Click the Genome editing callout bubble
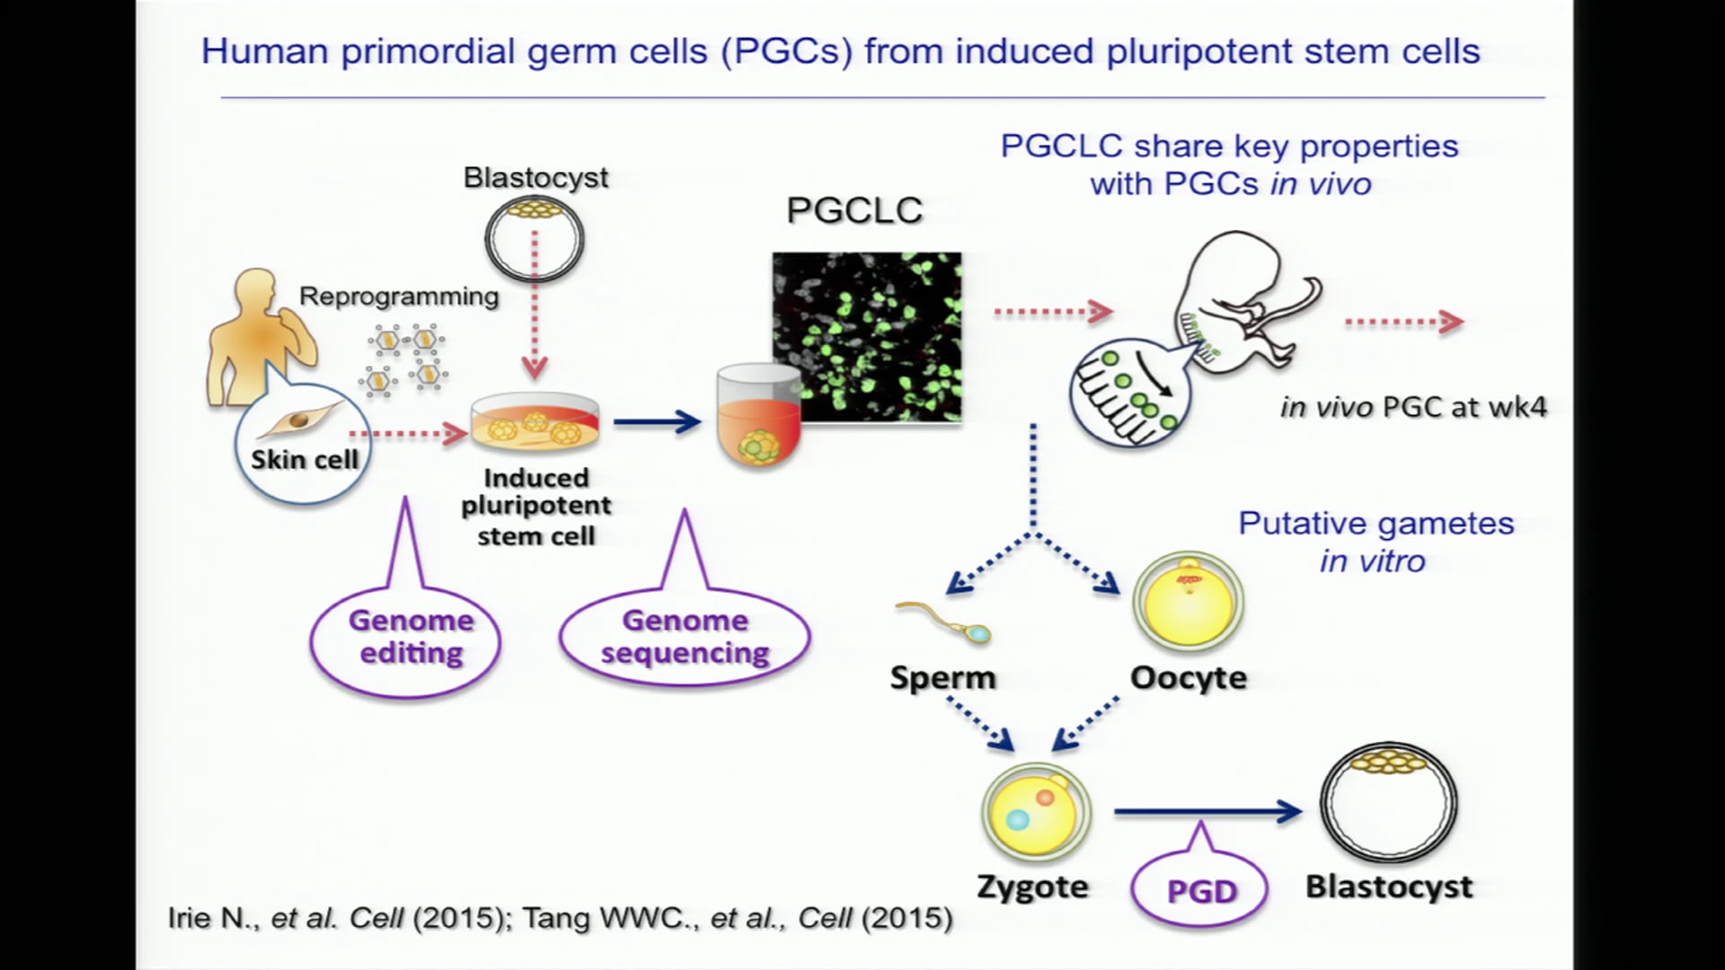click(406, 639)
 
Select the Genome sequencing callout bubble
click(685, 637)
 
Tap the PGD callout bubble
click(1200, 890)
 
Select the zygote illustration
click(1035, 812)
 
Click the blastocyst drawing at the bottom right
click(1388, 804)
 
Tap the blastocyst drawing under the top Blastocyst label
click(535, 238)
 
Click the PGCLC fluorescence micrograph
click(867, 337)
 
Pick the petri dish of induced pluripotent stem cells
click(535, 423)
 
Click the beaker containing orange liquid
click(759, 415)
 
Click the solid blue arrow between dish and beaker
click(657, 420)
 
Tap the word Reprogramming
click(399, 296)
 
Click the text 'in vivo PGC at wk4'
click(1413, 407)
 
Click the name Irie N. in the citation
click(212, 918)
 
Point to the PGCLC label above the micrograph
click(854, 211)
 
